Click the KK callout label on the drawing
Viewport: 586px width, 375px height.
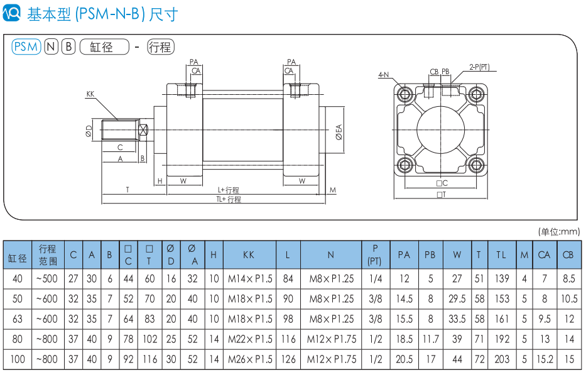click(90, 94)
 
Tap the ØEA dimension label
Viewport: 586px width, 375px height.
click(339, 132)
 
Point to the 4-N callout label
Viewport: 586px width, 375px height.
click(383, 75)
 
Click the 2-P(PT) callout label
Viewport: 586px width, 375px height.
click(479, 67)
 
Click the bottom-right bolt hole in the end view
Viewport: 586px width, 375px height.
click(475, 166)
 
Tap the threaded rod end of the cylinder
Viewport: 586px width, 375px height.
click(119, 131)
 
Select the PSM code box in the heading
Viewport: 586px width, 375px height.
click(26, 46)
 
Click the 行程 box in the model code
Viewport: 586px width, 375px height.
click(161, 46)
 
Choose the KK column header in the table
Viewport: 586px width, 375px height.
click(249, 255)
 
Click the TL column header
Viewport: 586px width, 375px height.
click(501, 255)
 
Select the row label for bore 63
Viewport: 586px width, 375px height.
click(17, 319)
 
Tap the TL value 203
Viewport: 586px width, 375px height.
click(501, 360)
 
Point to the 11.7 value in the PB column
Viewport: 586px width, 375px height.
click(430, 339)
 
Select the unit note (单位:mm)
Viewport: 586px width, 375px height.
click(560, 231)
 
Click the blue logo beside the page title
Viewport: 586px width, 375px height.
click(13, 13)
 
